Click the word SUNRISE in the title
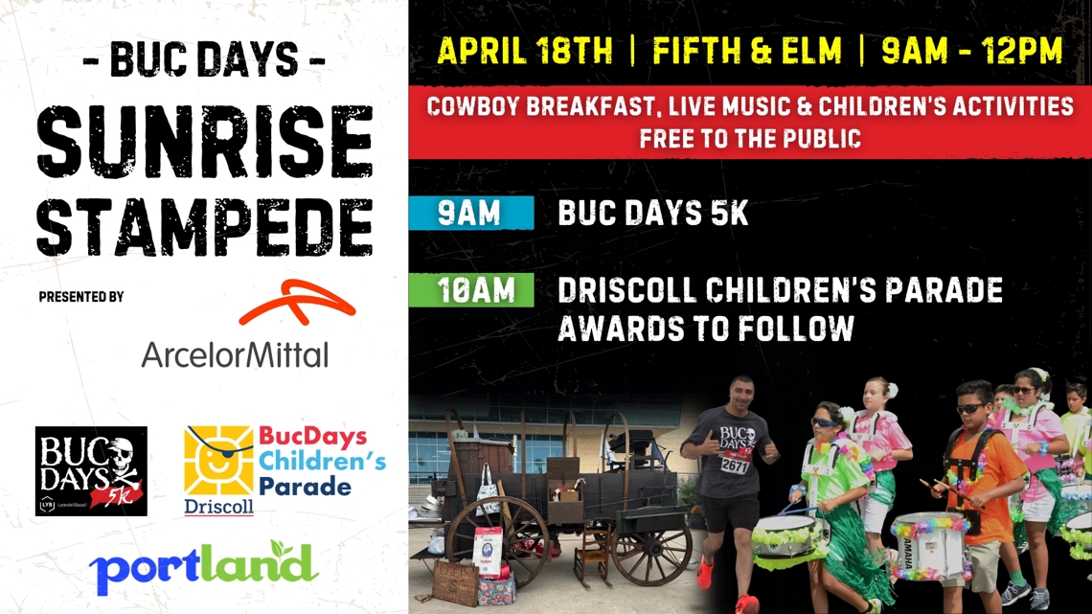pos(204,146)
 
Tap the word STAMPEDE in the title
pos(204,227)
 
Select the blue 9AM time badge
pos(470,214)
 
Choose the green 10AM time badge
pos(470,290)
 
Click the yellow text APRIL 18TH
pos(524,51)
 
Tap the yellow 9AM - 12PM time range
pos(971,51)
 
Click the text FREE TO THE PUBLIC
pos(750,138)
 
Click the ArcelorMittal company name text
pos(235,354)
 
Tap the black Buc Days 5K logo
pos(91,471)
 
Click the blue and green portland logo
pos(203,567)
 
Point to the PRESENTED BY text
pos(81,297)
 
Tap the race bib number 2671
pos(736,465)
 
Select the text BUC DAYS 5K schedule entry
pos(653,214)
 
